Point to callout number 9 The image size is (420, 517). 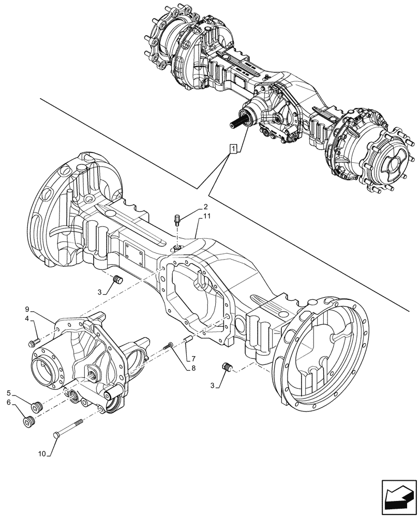(x=27, y=309)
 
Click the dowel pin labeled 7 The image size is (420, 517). (x=188, y=340)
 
